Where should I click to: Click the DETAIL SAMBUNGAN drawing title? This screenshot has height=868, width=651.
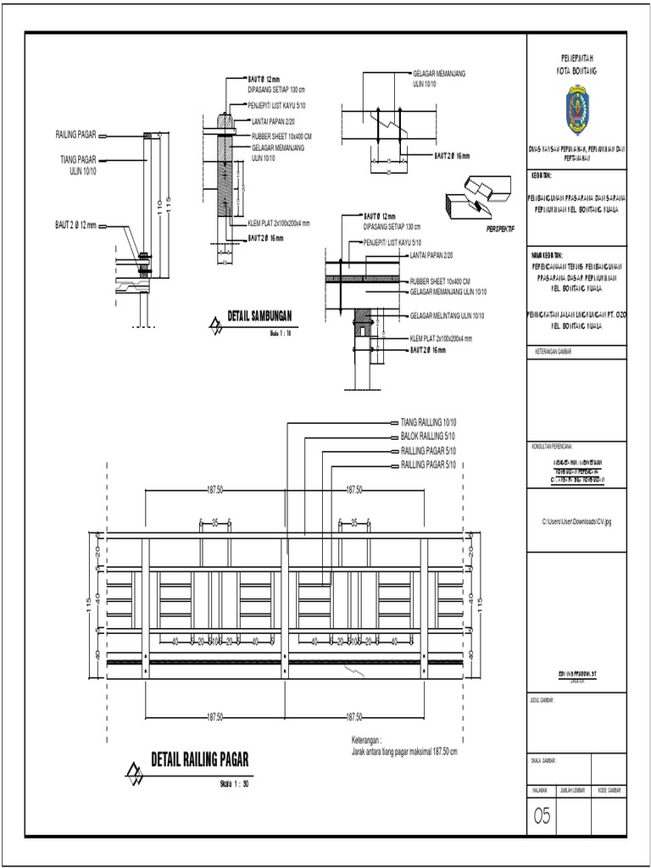click(x=259, y=316)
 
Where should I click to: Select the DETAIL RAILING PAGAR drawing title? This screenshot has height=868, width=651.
click(x=199, y=758)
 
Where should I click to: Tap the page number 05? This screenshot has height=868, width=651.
click(x=542, y=815)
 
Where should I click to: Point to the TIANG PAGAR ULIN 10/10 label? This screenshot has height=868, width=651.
click(x=78, y=164)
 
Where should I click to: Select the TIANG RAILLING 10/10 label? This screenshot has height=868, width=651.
click(x=428, y=421)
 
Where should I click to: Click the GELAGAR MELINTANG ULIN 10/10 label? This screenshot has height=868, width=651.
click(x=447, y=315)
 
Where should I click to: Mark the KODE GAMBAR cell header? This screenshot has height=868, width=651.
click(x=610, y=790)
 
